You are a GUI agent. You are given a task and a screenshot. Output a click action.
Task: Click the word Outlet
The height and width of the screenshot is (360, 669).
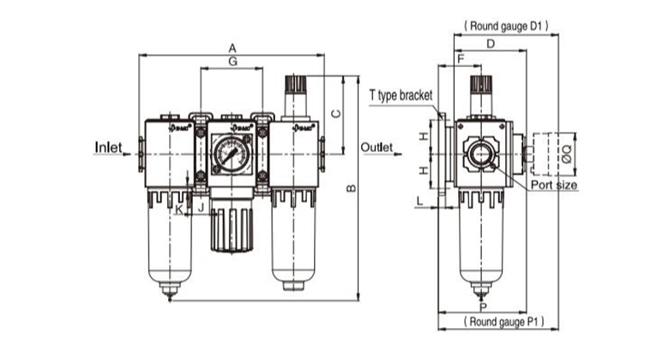(x=377, y=147)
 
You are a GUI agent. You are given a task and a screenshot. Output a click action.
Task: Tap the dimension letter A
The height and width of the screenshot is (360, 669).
(x=232, y=48)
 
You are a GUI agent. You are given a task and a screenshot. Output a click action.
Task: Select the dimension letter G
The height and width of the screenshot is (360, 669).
(x=232, y=63)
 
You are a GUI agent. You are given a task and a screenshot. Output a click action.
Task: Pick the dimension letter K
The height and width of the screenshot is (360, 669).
(x=178, y=207)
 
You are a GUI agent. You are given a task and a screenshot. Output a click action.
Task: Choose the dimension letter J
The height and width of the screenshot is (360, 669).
(x=199, y=207)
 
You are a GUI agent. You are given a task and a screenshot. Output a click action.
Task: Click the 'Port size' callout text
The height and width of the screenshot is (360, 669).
(x=553, y=185)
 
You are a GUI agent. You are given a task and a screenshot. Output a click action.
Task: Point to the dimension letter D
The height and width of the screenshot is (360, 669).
(x=490, y=44)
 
